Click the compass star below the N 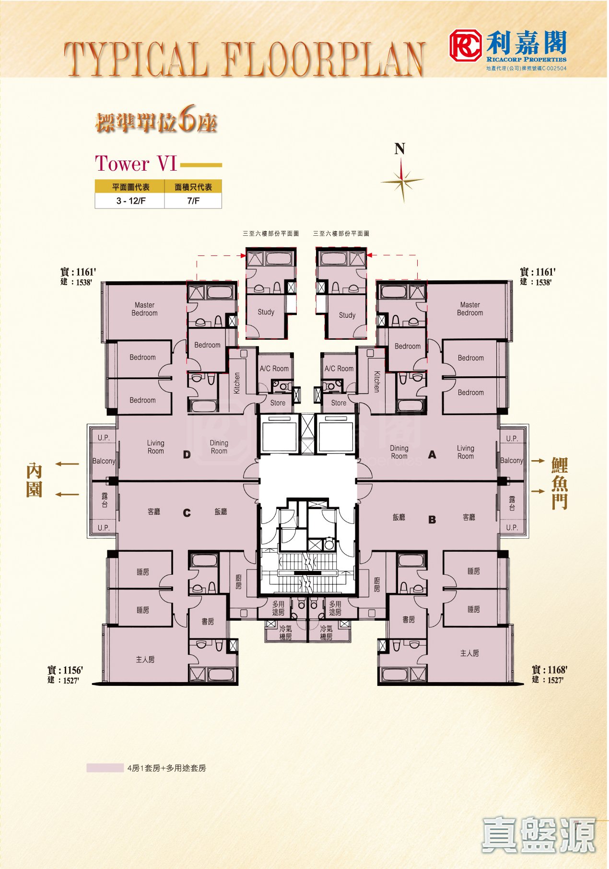(x=402, y=181)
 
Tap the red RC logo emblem (x=465, y=46)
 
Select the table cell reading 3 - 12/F (x=130, y=201)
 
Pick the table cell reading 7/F (x=193, y=201)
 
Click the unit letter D (x=187, y=455)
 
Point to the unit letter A (x=432, y=455)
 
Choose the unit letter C (x=187, y=513)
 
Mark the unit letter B (x=432, y=520)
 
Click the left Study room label (x=266, y=312)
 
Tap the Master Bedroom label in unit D (x=144, y=309)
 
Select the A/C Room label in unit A (x=339, y=369)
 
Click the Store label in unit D (x=278, y=403)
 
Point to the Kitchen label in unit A (x=377, y=382)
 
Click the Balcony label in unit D (x=104, y=461)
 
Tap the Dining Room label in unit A (x=399, y=452)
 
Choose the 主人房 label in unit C (x=145, y=660)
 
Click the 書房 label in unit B (x=409, y=619)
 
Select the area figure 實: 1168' (x=550, y=670)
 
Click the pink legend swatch (x=105, y=768)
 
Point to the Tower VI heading (x=136, y=163)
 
